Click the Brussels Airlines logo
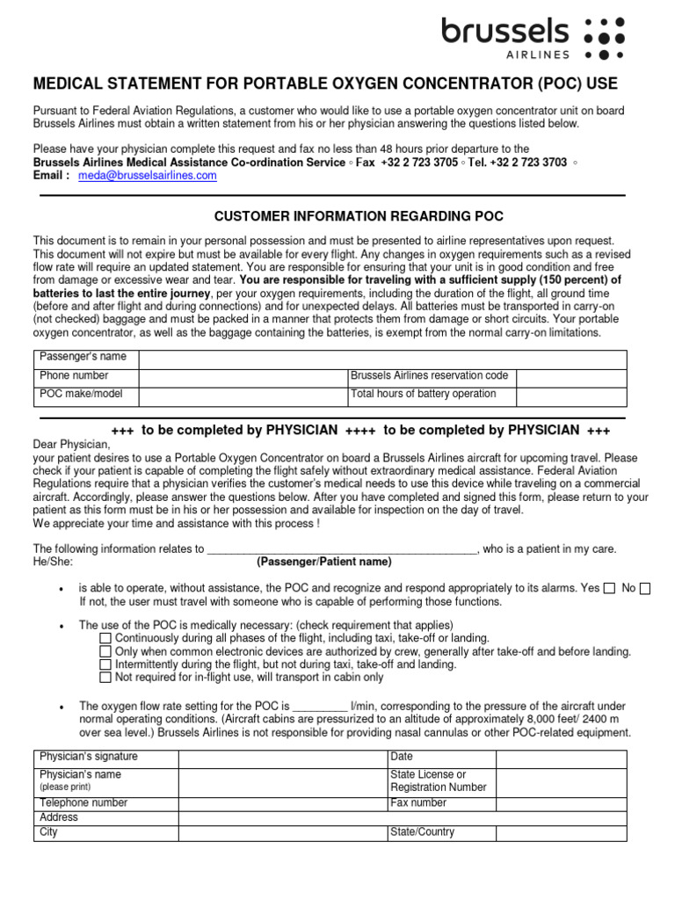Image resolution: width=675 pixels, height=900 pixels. point(533,37)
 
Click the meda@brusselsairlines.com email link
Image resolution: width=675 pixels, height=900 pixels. point(147,176)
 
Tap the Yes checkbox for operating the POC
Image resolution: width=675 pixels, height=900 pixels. point(609,589)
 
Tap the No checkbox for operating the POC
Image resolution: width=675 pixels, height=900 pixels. point(645,589)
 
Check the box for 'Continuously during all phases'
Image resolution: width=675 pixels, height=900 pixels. point(105,638)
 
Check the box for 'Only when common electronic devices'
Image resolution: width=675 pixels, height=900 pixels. point(105,651)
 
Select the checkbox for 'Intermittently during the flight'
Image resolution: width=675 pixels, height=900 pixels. point(105,664)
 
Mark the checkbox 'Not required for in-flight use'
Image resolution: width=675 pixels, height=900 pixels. point(105,678)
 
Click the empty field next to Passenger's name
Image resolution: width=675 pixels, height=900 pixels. point(382,359)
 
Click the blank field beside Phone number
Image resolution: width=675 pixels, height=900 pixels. point(243,377)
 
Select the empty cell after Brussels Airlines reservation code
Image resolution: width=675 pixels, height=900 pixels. point(570,377)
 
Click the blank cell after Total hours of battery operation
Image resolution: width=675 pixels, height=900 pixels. point(570,396)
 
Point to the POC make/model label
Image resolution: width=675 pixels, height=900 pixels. point(81,395)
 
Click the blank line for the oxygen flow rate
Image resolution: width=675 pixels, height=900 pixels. point(320,707)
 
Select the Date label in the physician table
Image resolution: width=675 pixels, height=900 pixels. point(402,757)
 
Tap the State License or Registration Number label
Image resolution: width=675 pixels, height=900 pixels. point(438,781)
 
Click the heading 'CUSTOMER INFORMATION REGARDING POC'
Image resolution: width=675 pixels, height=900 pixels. point(359,216)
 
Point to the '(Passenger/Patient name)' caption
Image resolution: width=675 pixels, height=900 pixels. point(324,562)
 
